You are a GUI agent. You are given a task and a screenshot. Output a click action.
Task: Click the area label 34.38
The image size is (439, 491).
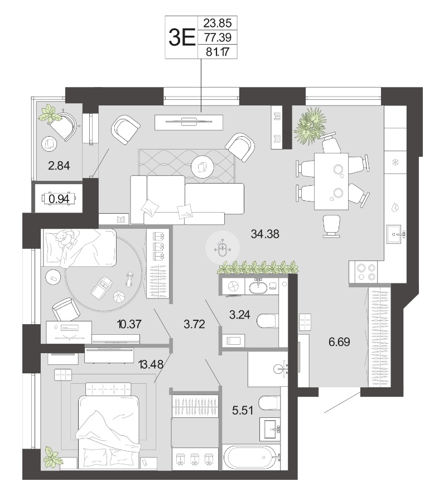(x=265, y=234)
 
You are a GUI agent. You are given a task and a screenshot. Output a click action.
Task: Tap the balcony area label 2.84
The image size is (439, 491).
(x=59, y=165)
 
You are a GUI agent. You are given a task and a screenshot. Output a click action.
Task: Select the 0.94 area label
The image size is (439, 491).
(x=59, y=199)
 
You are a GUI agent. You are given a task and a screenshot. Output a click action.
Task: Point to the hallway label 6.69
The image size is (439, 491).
(x=339, y=341)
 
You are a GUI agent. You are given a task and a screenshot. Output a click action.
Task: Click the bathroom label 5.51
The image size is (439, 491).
(x=243, y=410)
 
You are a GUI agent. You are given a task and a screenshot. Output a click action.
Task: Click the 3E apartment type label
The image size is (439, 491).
(x=182, y=37)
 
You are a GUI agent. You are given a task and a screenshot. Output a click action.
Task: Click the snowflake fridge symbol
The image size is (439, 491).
(x=395, y=162)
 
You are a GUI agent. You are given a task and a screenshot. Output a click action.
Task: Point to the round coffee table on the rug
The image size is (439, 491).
(x=202, y=167)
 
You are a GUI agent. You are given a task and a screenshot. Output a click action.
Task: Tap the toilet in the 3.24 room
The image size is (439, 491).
(x=268, y=321)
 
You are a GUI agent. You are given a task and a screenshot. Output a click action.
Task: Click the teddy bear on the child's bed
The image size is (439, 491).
(x=65, y=238)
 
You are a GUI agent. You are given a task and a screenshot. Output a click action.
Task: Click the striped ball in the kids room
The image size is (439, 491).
(x=119, y=296)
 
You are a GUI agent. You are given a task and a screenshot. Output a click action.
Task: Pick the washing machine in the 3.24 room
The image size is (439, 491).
(x=233, y=286)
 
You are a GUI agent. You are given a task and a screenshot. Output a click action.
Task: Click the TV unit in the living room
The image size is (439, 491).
(x=189, y=122)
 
